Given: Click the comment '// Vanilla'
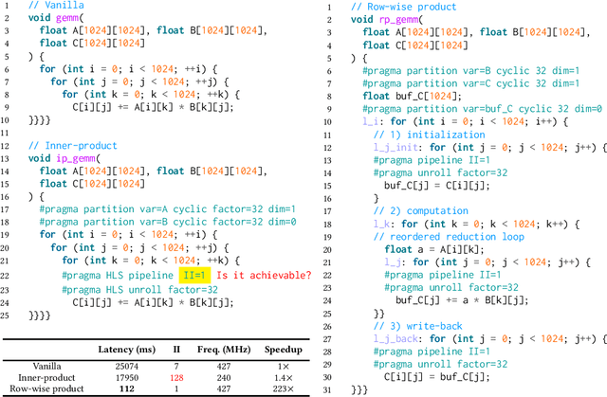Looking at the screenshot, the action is [x=54, y=7].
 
